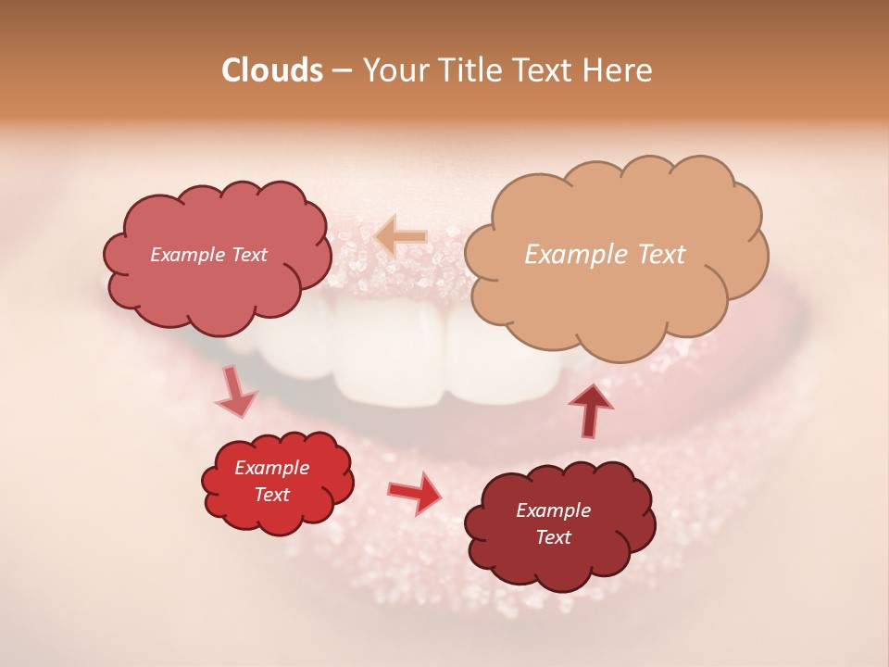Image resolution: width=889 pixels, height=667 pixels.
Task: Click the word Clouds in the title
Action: (x=272, y=70)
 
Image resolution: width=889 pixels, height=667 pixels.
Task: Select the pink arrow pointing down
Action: (x=235, y=392)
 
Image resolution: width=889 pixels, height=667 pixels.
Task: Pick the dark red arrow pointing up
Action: (x=590, y=409)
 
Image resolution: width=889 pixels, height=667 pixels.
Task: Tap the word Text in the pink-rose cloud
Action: (x=249, y=255)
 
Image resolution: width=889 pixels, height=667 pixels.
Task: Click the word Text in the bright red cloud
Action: (x=272, y=495)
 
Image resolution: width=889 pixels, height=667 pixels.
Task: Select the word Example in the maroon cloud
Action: (x=553, y=510)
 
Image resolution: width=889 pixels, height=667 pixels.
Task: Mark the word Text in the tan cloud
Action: (x=659, y=255)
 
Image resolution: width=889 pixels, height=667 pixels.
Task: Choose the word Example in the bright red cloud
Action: (x=272, y=468)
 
